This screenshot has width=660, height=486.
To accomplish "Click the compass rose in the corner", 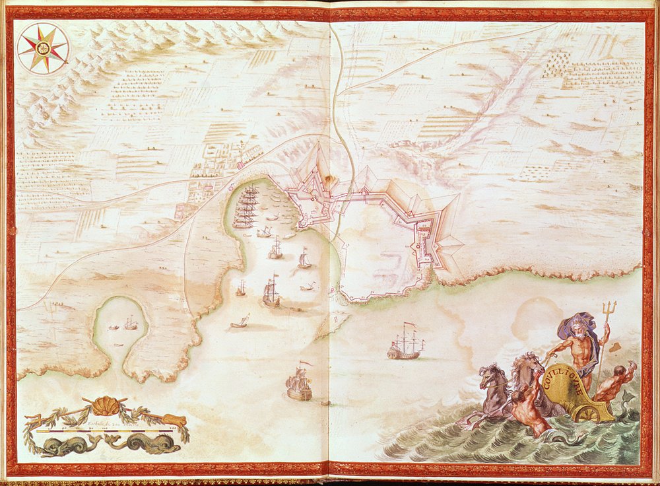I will [42, 48].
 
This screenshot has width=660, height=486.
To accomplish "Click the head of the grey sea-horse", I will [492, 374].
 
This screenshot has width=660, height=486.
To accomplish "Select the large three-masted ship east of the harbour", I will [404, 343].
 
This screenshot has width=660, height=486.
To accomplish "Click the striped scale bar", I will [106, 431].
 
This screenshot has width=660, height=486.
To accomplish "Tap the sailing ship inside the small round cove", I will [131, 324].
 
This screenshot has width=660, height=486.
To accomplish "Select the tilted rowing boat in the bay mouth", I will [240, 323].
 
